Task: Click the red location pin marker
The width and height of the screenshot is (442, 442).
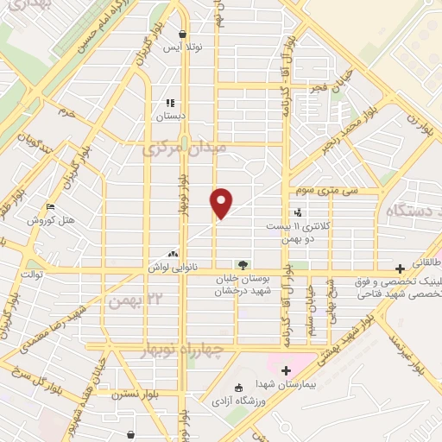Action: pos(222,203)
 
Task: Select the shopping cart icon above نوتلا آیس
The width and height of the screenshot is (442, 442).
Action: pos(182,35)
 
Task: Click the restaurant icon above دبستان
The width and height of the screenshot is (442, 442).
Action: pos(170,101)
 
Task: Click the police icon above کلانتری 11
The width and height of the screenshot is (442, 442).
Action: pos(299,212)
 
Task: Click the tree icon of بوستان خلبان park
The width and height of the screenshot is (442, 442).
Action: pos(242,265)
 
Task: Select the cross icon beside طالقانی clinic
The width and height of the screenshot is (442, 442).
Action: pos(399,268)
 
